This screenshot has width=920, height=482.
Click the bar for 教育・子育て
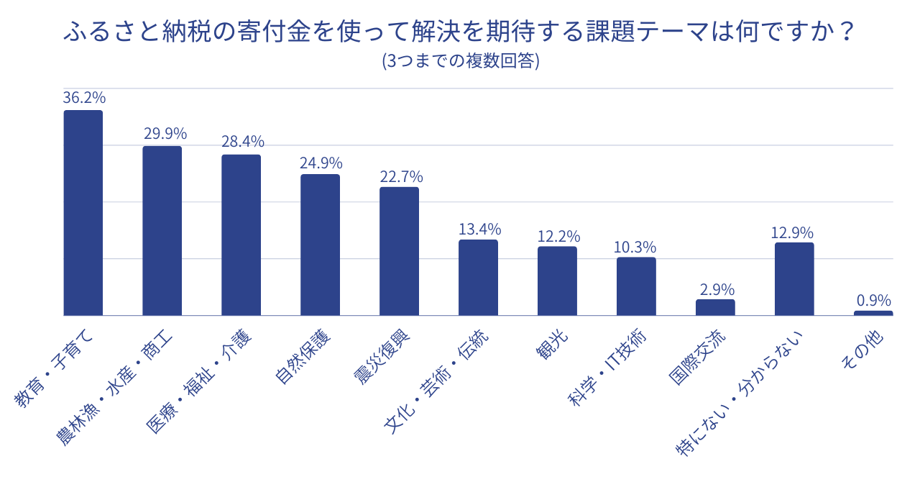83,213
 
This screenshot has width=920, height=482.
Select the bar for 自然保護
320,245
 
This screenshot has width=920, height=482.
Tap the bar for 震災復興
399,251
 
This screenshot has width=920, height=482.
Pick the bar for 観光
557,281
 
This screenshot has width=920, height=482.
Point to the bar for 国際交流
715,307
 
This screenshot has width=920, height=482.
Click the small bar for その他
873,313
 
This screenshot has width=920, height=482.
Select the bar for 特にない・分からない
794,279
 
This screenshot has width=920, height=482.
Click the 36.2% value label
84,98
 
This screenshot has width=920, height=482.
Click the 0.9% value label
873,300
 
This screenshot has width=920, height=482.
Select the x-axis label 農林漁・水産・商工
115,388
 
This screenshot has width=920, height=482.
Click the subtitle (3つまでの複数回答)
460,62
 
